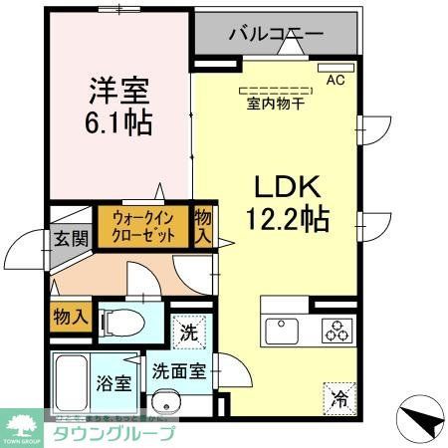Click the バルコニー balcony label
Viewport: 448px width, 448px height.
(x=276, y=34)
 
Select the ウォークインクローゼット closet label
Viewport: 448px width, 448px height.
(x=143, y=227)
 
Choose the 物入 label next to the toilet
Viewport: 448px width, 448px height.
(x=70, y=317)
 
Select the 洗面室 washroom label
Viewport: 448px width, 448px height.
(x=179, y=372)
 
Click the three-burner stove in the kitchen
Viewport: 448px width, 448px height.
(x=336, y=330)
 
